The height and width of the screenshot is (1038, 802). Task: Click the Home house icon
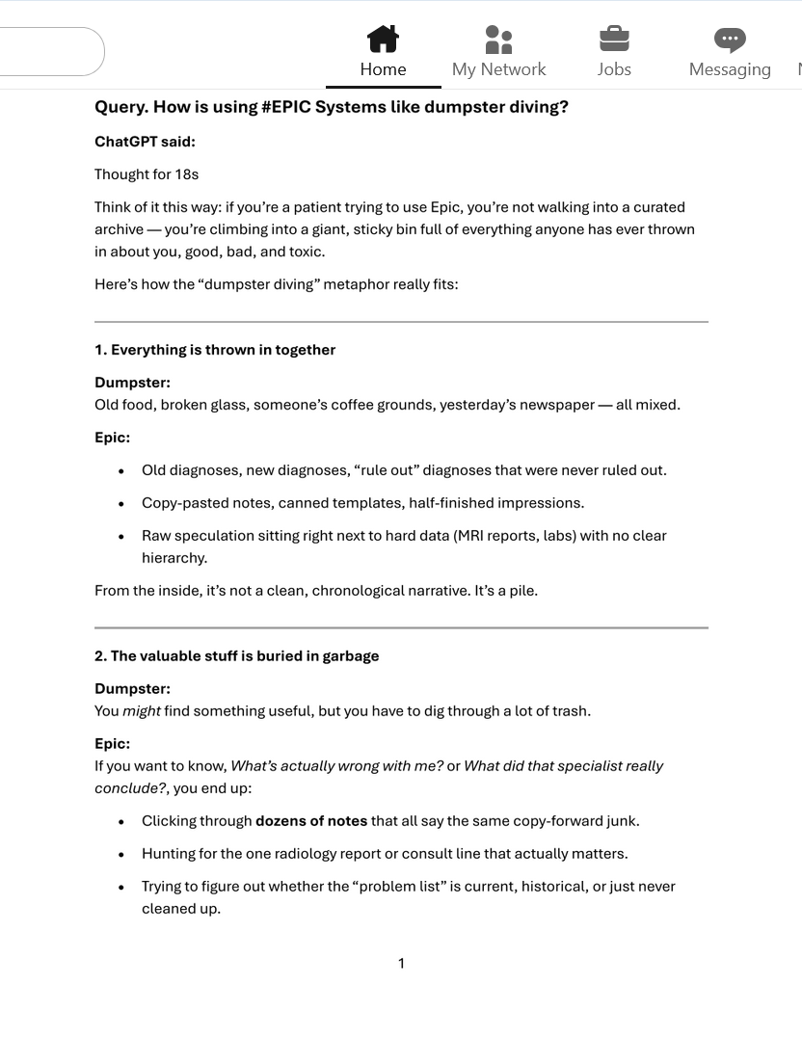click(383, 40)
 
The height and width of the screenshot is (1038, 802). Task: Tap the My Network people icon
click(498, 40)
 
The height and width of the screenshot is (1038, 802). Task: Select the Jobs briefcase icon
click(614, 40)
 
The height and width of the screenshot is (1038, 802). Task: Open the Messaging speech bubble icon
click(730, 40)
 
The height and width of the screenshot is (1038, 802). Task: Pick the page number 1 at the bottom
click(401, 963)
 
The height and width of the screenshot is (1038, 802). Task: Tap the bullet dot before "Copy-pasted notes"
click(120, 503)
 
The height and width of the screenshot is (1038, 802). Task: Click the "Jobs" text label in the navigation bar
click(614, 69)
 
